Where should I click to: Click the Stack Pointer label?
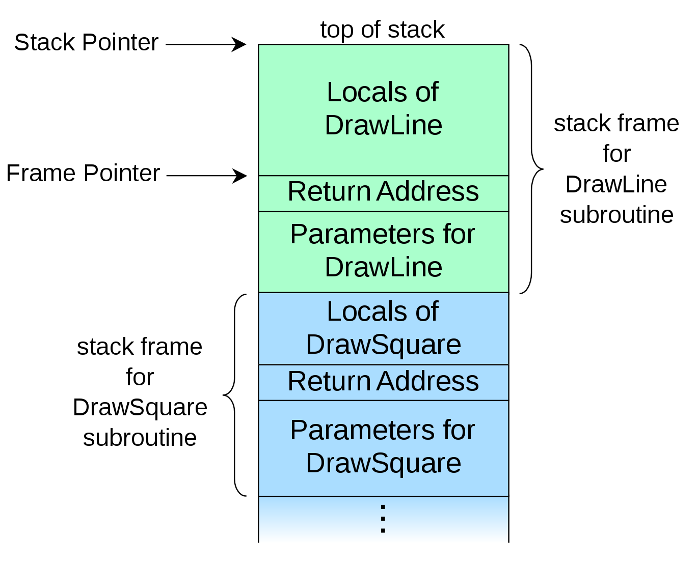point(86,43)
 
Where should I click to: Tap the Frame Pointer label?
point(83,174)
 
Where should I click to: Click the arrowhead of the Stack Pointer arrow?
point(239,44)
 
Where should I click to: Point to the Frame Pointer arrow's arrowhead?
point(240,176)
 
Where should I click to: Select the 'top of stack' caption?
point(382,30)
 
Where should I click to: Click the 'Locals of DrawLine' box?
point(383,109)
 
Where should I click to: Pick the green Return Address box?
point(383,192)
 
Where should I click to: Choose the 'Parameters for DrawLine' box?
point(383,251)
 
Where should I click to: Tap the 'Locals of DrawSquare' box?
point(383,328)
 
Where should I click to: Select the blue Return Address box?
point(383,382)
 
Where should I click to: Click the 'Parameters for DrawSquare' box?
point(383,447)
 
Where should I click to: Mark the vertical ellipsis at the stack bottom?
point(383,519)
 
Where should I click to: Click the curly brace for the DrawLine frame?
point(532,168)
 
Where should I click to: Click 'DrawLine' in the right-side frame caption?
point(616,185)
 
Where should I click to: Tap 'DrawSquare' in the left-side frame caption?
point(140,408)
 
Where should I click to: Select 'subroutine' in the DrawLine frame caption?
point(616,215)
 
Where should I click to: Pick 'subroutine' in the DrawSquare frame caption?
point(140,438)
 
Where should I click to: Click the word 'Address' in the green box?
point(428,192)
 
